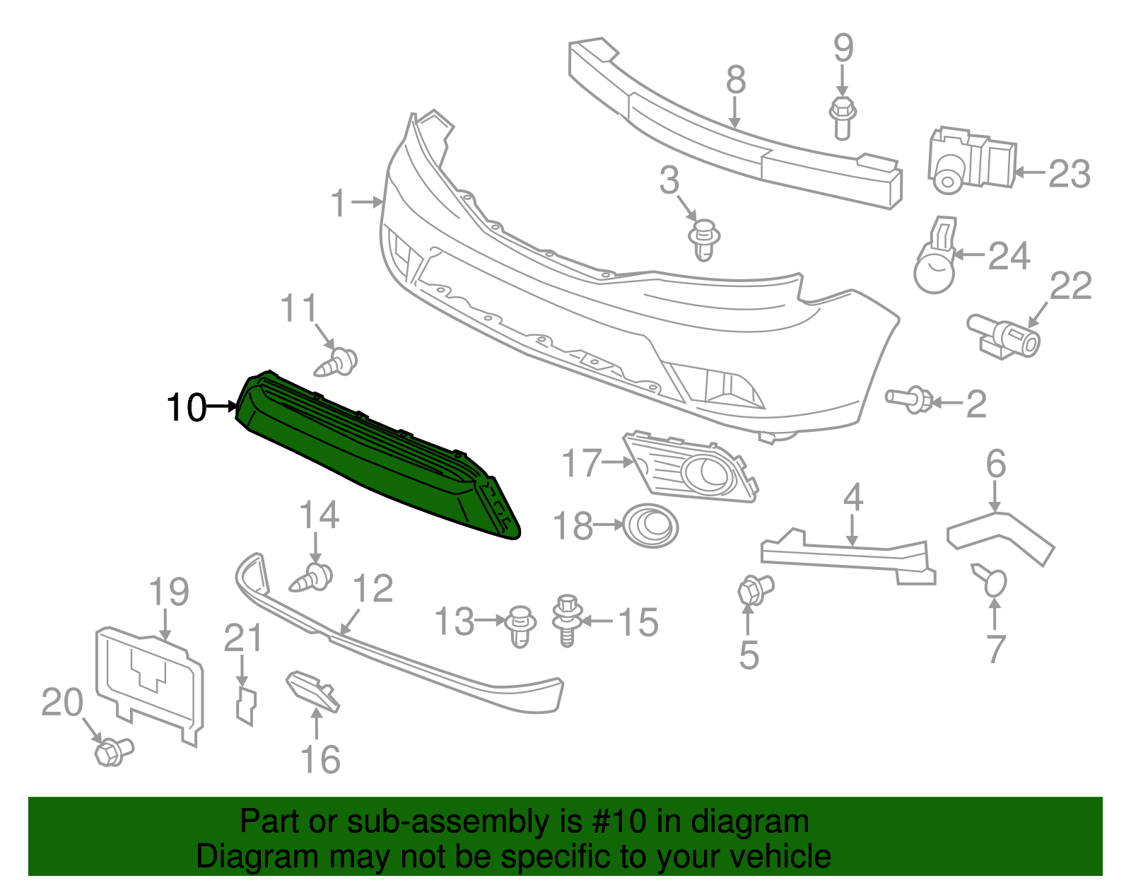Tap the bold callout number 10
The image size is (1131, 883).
185,408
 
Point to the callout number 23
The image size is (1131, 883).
1069,173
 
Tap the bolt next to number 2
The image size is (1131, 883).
909,399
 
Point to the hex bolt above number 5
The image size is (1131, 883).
755,590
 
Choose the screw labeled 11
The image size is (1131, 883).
336,363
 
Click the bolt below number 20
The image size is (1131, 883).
113,751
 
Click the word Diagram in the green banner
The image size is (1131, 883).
237,857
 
